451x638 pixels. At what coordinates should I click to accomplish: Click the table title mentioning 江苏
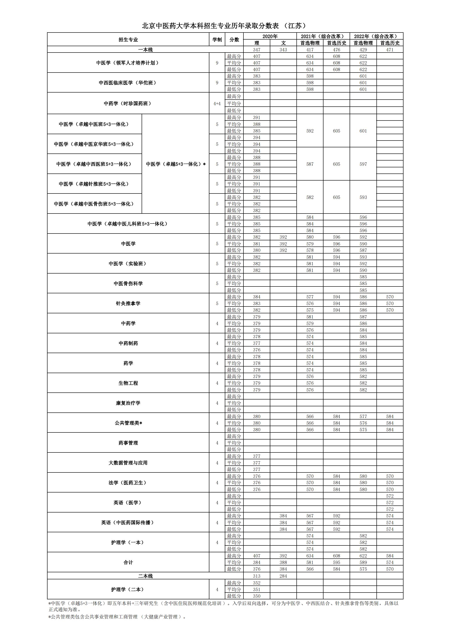tap(225, 26)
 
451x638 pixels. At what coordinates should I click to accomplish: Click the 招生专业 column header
tap(128, 40)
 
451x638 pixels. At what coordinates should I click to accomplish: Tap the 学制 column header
tap(217, 40)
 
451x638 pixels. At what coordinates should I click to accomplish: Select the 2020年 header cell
tap(270, 36)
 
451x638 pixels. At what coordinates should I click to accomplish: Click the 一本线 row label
tap(145, 50)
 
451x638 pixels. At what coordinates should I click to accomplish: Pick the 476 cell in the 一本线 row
tap(336, 50)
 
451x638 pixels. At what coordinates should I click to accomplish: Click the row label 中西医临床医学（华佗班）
tap(128, 83)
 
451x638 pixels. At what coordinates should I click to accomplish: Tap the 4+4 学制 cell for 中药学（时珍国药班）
tap(217, 103)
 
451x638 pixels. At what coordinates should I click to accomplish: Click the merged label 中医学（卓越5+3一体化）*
tap(176, 164)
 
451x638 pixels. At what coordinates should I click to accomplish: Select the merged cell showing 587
tap(310, 164)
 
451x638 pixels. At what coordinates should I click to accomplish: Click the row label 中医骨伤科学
tap(128, 284)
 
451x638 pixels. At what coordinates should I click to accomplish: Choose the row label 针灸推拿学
tap(128, 304)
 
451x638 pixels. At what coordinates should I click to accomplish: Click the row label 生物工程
tap(128, 383)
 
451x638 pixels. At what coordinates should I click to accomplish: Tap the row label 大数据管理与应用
tap(128, 463)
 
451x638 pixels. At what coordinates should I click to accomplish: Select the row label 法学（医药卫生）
tap(128, 483)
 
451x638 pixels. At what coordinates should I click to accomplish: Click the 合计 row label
tap(128, 563)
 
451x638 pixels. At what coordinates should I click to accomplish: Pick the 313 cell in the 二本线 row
tap(256, 576)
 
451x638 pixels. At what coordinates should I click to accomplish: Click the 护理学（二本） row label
tap(128, 589)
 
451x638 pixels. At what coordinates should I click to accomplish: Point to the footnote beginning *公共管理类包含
tap(117, 617)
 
